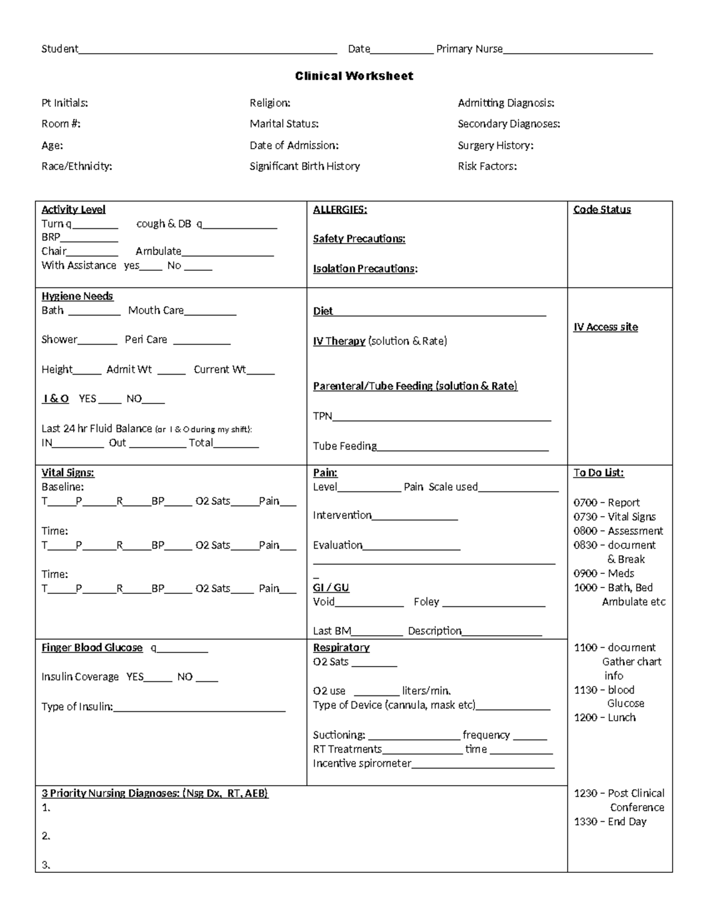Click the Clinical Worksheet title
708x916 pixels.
point(354,76)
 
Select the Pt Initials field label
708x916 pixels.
point(64,103)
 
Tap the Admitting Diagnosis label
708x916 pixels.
point(506,103)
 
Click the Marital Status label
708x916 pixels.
point(284,124)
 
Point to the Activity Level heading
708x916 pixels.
point(73,209)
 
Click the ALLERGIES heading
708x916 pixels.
point(339,209)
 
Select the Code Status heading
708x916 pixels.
point(602,209)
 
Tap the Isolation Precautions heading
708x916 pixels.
point(365,269)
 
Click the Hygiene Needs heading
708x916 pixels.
point(77,296)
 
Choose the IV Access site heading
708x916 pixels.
point(605,327)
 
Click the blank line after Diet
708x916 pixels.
point(440,313)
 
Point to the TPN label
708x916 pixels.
point(322,416)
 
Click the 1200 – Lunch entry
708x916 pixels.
point(605,718)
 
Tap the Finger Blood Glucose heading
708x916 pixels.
point(91,648)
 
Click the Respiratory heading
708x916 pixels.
point(341,648)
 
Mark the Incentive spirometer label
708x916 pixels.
point(362,764)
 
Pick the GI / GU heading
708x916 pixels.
point(331,588)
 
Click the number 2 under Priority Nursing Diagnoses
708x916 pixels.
point(45,836)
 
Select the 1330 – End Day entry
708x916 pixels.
point(610,822)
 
